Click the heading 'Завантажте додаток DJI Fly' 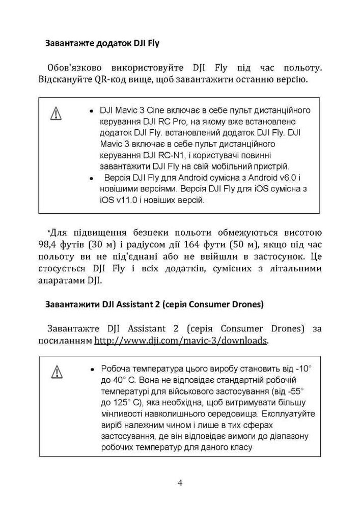(102, 43)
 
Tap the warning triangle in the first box (56, 114)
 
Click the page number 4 (180, 483)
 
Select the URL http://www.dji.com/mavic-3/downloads (181, 340)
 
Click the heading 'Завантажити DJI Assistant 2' (154, 305)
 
